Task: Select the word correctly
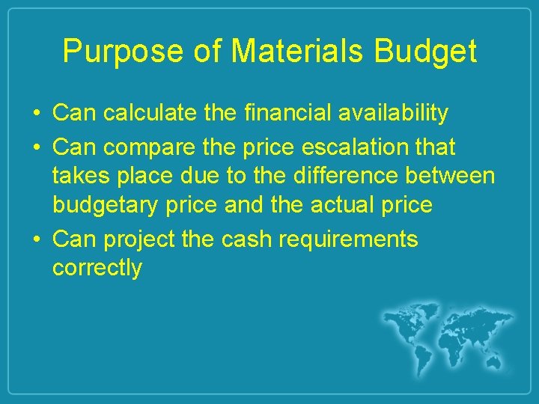pyautogui.click(x=97, y=269)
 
